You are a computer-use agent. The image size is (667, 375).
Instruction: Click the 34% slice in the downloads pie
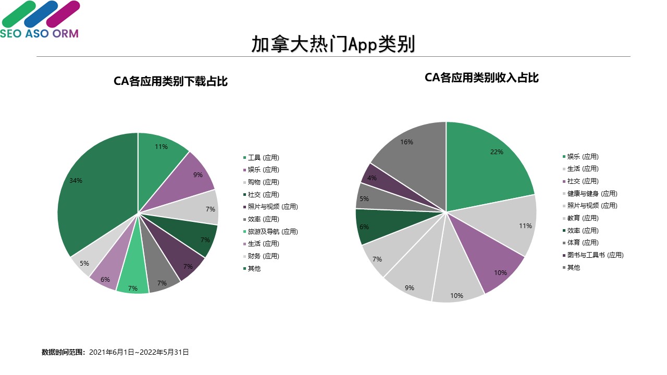click(94, 193)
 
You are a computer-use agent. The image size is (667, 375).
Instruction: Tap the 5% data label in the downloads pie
click(84, 264)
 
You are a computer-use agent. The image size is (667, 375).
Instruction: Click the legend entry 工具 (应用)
click(263, 157)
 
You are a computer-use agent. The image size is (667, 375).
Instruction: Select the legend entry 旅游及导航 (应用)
click(273, 231)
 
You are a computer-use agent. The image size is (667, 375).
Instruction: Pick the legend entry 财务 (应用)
click(263, 256)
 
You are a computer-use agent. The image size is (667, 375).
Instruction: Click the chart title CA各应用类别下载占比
click(170, 81)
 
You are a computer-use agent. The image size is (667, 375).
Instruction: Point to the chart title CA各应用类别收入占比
click(481, 78)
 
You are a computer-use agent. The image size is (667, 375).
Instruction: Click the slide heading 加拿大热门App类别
click(333, 44)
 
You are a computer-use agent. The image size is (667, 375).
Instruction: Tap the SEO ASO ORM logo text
click(39, 33)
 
